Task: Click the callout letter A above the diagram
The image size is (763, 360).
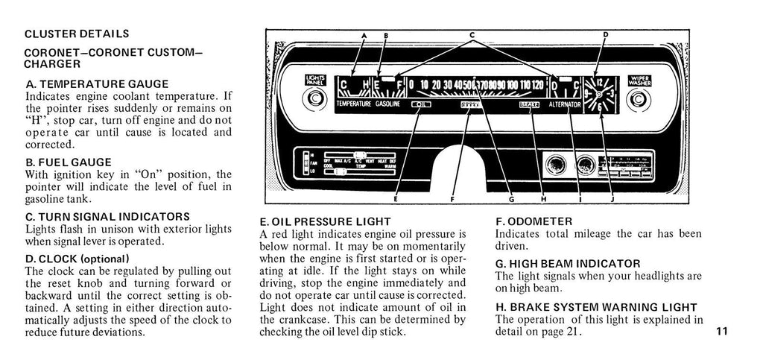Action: click(x=364, y=36)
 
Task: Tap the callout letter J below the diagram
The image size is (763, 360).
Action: click(x=612, y=199)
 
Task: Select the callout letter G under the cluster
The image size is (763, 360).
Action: click(x=511, y=199)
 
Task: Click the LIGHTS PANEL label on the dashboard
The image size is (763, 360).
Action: click(x=314, y=81)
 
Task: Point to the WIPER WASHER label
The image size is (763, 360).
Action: click(x=640, y=81)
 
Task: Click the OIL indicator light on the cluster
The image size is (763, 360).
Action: click(x=421, y=106)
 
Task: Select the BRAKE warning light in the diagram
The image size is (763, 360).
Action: click(x=528, y=106)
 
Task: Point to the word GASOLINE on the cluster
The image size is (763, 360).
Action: click(x=387, y=106)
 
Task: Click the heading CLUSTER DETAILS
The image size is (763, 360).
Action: click(x=77, y=34)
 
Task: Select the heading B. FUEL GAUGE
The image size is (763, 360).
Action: click(x=68, y=162)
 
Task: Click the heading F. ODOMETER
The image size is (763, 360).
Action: click(x=534, y=221)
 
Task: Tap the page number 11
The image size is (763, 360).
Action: click(x=721, y=332)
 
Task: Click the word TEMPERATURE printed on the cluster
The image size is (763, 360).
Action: click(x=353, y=106)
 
